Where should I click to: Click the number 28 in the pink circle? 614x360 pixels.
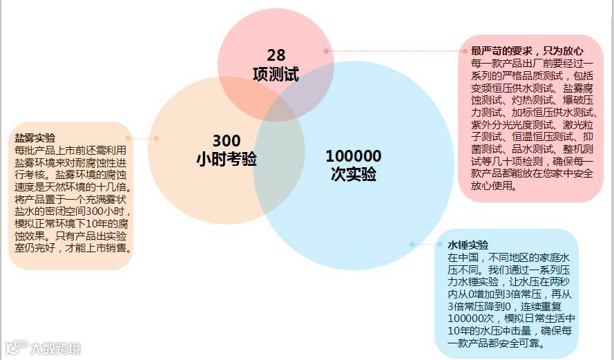point(276,56)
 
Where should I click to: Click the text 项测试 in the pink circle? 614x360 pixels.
point(276,74)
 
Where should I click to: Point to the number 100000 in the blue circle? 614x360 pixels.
point(353,156)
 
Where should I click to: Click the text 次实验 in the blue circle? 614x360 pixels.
point(353,173)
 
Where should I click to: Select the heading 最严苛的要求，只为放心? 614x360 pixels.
point(527,51)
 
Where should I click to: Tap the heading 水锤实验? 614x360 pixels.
point(468,245)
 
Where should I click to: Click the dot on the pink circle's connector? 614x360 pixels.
point(326,50)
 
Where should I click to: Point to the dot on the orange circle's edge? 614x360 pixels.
point(156,138)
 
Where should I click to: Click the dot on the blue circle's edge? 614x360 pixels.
point(412,244)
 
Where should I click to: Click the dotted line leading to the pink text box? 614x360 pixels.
point(394,50)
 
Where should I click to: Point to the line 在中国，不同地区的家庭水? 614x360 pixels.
point(511,258)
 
